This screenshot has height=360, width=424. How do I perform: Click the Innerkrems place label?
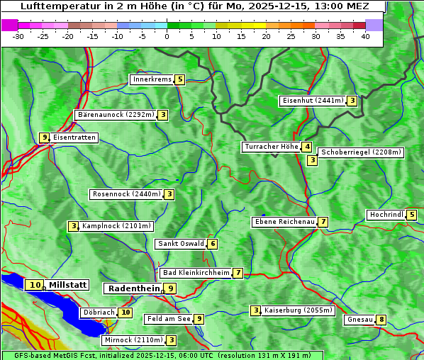click(152, 79)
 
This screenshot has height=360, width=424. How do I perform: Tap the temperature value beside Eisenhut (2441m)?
click(352, 101)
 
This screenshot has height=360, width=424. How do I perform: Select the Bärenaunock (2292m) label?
click(115, 115)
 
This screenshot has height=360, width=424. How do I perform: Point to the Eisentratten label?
click(74, 137)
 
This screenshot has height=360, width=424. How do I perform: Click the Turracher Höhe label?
click(271, 147)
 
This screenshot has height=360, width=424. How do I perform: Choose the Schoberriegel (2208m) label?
click(361, 152)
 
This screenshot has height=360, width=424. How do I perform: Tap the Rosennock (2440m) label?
click(126, 193)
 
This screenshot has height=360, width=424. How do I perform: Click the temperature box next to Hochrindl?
click(412, 215)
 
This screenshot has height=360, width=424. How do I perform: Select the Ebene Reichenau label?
click(284, 222)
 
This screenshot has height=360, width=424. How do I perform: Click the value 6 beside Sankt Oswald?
click(213, 244)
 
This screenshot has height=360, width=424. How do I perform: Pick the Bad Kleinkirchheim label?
click(196, 273)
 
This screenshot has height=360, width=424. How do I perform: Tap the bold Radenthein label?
click(133, 288)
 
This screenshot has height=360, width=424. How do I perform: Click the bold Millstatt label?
click(68, 285)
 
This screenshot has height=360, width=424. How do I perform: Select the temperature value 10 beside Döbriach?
click(125, 312)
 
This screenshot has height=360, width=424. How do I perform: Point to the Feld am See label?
click(168, 319)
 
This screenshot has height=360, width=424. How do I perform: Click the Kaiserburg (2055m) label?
click(298, 310)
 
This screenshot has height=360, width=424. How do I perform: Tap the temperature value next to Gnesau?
click(381, 320)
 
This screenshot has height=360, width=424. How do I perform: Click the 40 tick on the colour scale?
click(365, 36)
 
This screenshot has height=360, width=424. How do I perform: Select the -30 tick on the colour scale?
click(18, 36)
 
